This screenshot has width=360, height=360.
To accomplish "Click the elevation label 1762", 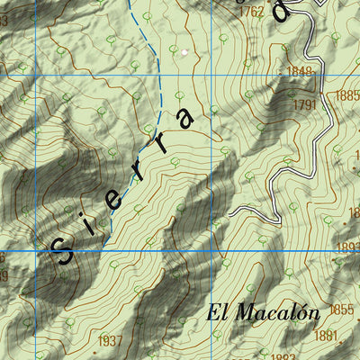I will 252,12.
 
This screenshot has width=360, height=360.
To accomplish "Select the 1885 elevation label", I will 347,94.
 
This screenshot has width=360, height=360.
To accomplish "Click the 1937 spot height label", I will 109,340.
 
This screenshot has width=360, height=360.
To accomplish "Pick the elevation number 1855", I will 341,310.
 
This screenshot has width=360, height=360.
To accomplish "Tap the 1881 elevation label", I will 326,336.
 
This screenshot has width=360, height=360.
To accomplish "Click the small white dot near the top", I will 184,52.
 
